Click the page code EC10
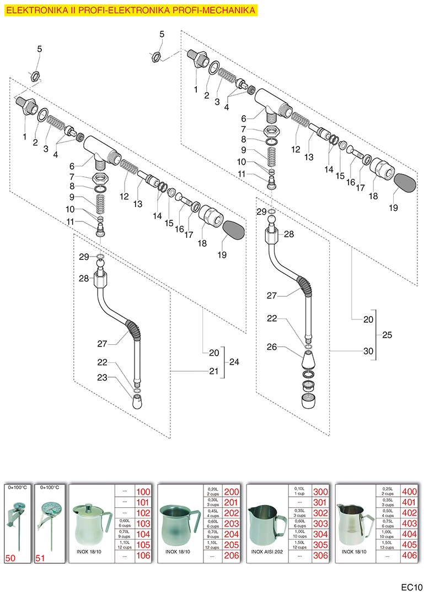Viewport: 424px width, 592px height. point(410,582)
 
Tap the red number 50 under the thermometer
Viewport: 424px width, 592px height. point(10,557)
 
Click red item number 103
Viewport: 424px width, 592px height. point(142,524)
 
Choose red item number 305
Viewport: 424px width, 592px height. point(320,545)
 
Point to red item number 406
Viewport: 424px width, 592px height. point(409,556)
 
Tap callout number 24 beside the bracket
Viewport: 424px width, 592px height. point(234,362)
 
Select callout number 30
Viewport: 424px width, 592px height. point(369,351)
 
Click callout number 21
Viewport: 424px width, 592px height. point(214,372)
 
